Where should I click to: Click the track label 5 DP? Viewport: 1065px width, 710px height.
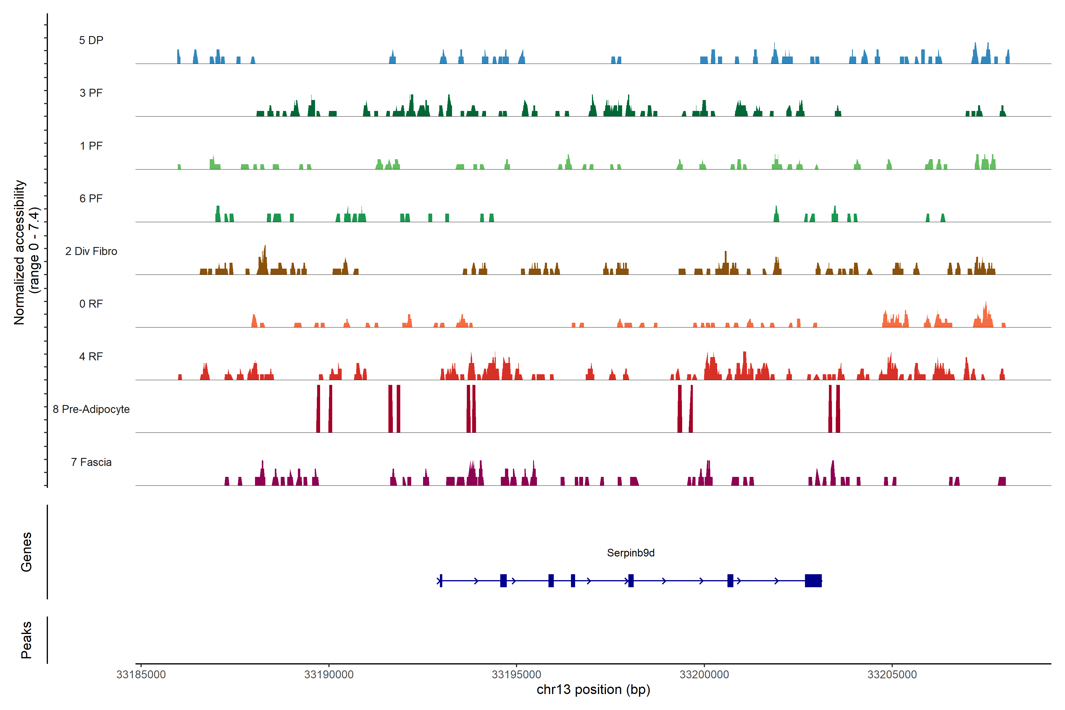click(x=91, y=40)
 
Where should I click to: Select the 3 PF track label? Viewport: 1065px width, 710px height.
click(x=91, y=93)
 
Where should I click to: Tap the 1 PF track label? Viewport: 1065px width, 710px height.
click(x=91, y=146)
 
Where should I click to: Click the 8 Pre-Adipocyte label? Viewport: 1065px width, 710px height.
click(x=91, y=409)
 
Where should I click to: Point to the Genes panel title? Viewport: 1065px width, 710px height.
click(x=26, y=552)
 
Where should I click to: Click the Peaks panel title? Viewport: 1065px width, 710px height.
click(x=26, y=640)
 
